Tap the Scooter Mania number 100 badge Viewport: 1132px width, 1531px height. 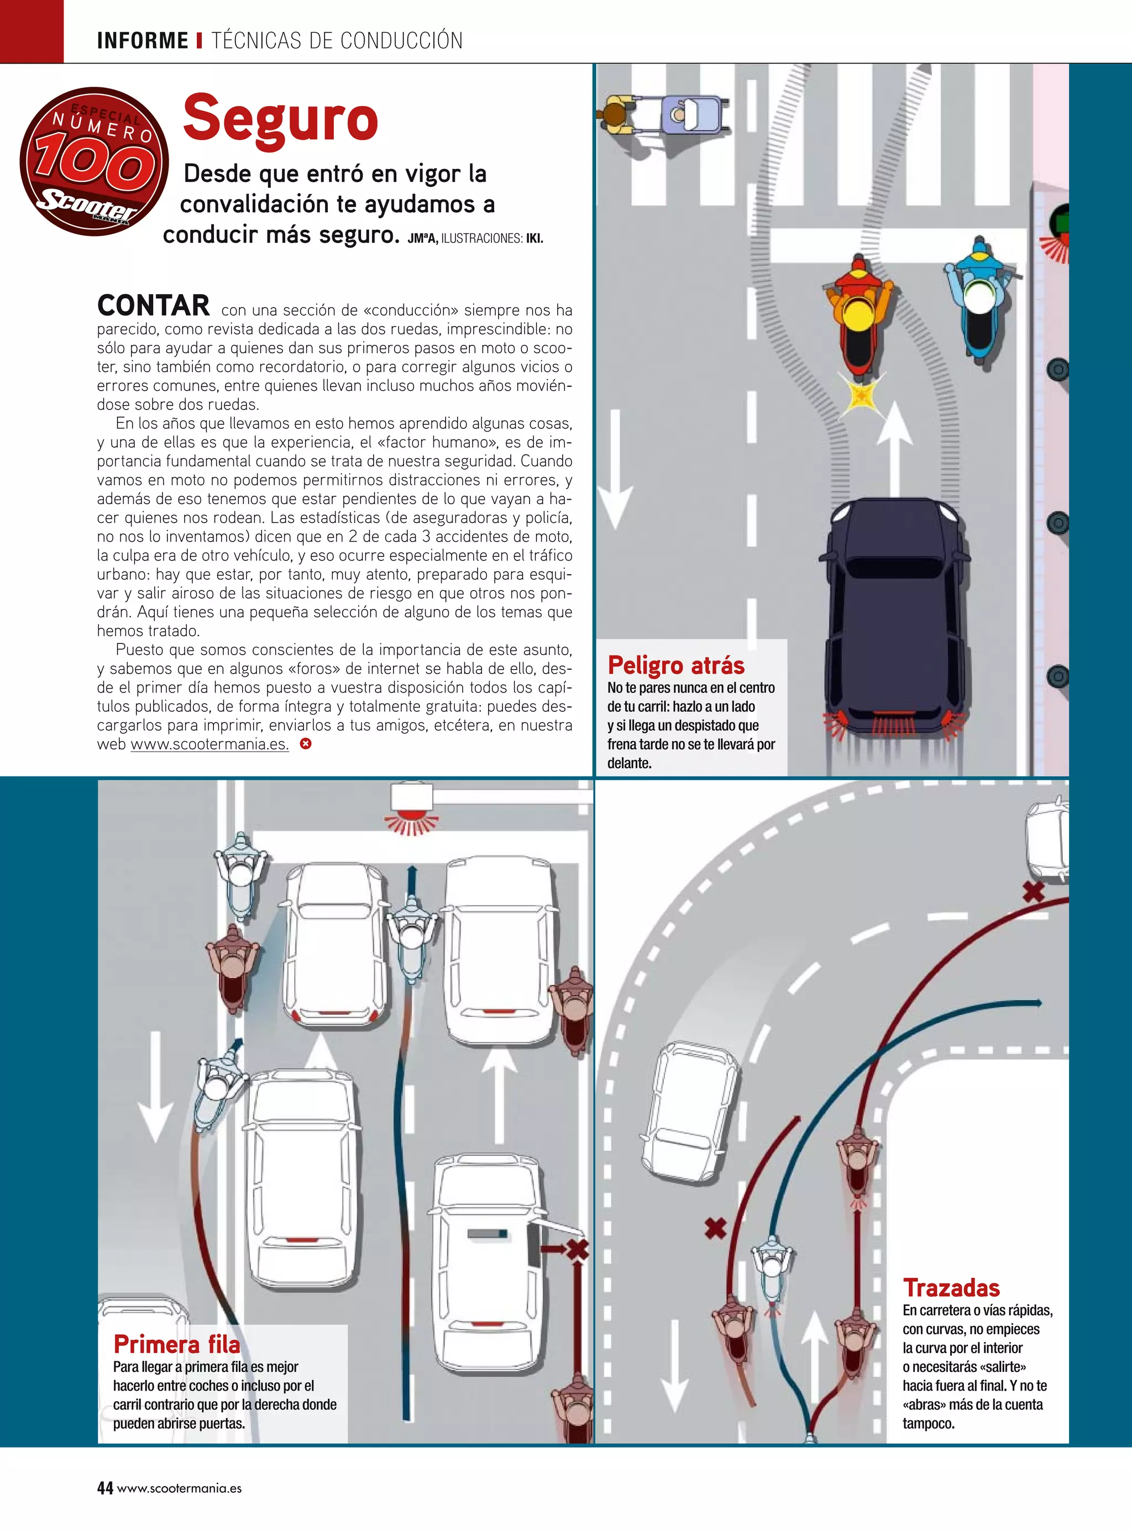[x=95, y=161]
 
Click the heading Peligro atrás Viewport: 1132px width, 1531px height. [x=675, y=665]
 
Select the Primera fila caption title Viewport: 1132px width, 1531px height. [x=177, y=1345]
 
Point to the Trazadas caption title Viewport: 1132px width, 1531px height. [x=951, y=1288]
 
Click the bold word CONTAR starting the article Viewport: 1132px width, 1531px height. [x=154, y=306]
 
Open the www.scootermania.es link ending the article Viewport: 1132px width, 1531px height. [x=209, y=744]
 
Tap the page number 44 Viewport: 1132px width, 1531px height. [x=105, y=1488]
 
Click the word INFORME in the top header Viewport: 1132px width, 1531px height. [x=143, y=40]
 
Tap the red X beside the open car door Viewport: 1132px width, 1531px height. [x=577, y=1250]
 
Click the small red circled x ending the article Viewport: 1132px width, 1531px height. [x=306, y=744]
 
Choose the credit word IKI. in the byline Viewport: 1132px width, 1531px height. [x=534, y=239]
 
